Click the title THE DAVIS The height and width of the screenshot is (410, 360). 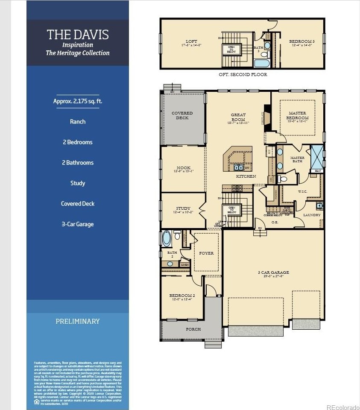pos(78,35)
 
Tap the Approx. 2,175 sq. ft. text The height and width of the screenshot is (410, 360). pos(78,101)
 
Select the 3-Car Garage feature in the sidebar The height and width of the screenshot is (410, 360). pos(78,224)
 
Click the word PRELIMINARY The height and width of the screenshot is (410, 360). pos(78,321)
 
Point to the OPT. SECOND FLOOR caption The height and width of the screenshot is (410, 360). pos(243,74)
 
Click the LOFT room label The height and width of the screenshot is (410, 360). pos(192,42)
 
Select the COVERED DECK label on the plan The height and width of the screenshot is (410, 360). pos(182,115)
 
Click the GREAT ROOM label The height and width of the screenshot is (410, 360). pos(238,117)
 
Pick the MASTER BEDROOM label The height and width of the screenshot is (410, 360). pos(297,115)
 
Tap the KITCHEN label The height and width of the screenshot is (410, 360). pos(246,176)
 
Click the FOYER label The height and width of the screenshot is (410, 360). pos(206,253)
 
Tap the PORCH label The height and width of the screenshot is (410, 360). pos(193,329)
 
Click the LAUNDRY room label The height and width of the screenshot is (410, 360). pos(312,215)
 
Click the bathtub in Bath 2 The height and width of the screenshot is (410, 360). pos(167,237)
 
